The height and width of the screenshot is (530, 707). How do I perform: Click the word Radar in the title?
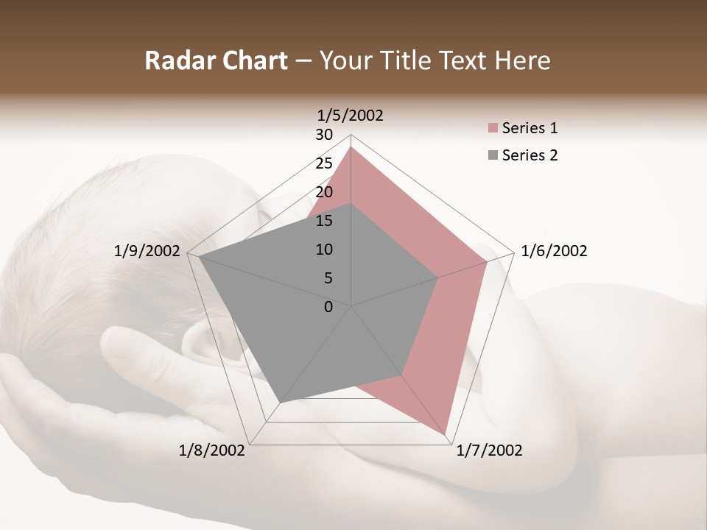coord(172,60)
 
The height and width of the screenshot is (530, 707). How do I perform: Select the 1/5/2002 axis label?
coord(351,115)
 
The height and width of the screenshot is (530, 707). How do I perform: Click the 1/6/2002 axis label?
coord(554,251)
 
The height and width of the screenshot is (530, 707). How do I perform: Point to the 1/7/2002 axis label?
coord(489,451)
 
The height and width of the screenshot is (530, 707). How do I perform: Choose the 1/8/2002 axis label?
coord(212,451)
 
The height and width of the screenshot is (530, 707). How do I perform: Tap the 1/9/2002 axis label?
coord(147,251)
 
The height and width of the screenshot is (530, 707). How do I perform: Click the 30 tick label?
coord(324,135)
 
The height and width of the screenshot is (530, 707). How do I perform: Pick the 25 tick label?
coord(324,163)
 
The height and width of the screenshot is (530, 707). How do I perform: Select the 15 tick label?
coord(324,221)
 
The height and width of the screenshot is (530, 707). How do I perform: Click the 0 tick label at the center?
coord(328,307)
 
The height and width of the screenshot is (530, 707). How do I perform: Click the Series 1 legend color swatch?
coord(493,129)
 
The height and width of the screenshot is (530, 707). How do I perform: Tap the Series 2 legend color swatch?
coord(493,155)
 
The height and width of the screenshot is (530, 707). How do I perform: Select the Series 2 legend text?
coord(530,155)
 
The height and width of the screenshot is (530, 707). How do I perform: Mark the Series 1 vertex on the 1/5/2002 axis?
coord(351,147)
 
